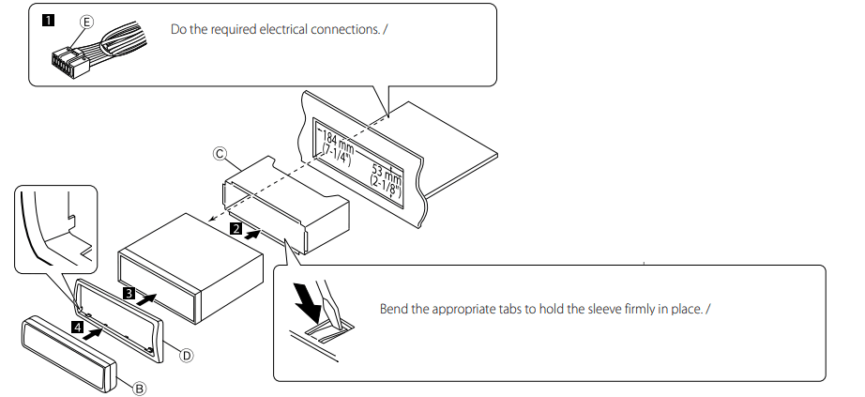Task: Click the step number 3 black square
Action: pyautogui.click(x=127, y=293)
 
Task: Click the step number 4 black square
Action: pyautogui.click(x=79, y=328)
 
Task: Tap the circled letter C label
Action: pyautogui.click(x=220, y=153)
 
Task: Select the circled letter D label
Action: pyautogui.click(x=186, y=355)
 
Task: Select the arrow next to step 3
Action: pyautogui.click(x=148, y=298)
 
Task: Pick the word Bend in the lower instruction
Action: pyautogui.click(x=395, y=309)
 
